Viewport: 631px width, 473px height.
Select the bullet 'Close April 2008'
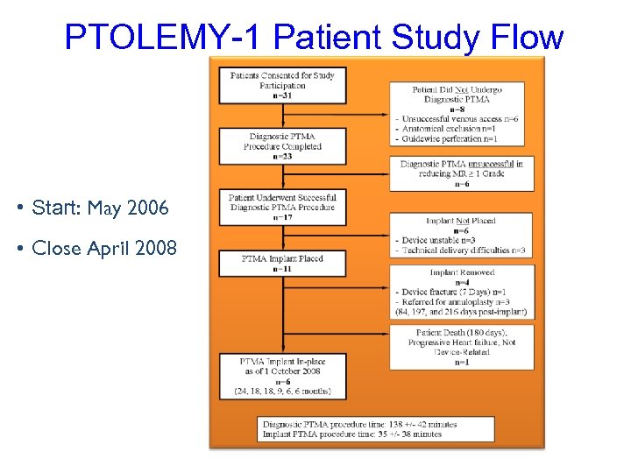(x=103, y=248)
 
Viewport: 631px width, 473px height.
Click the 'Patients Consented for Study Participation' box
(x=282, y=85)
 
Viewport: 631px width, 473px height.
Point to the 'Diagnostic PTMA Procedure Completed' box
(x=282, y=146)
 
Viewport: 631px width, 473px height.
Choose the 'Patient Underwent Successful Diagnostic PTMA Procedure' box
(x=282, y=207)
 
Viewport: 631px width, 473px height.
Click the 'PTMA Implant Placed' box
(x=282, y=264)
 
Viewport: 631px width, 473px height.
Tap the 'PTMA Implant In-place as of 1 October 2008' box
(x=282, y=375)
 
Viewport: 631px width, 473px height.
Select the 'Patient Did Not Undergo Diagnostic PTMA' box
(x=457, y=114)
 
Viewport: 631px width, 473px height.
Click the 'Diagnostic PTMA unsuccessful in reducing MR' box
(x=459, y=173)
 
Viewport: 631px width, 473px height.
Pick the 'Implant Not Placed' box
(x=457, y=236)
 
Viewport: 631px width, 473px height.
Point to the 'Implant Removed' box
(x=459, y=292)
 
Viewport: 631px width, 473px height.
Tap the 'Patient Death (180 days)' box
(x=459, y=347)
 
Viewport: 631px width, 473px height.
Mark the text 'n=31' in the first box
(x=282, y=96)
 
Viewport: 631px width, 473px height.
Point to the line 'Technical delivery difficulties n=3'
(x=463, y=251)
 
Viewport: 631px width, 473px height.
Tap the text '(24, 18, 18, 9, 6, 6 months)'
(x=282, y=391)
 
